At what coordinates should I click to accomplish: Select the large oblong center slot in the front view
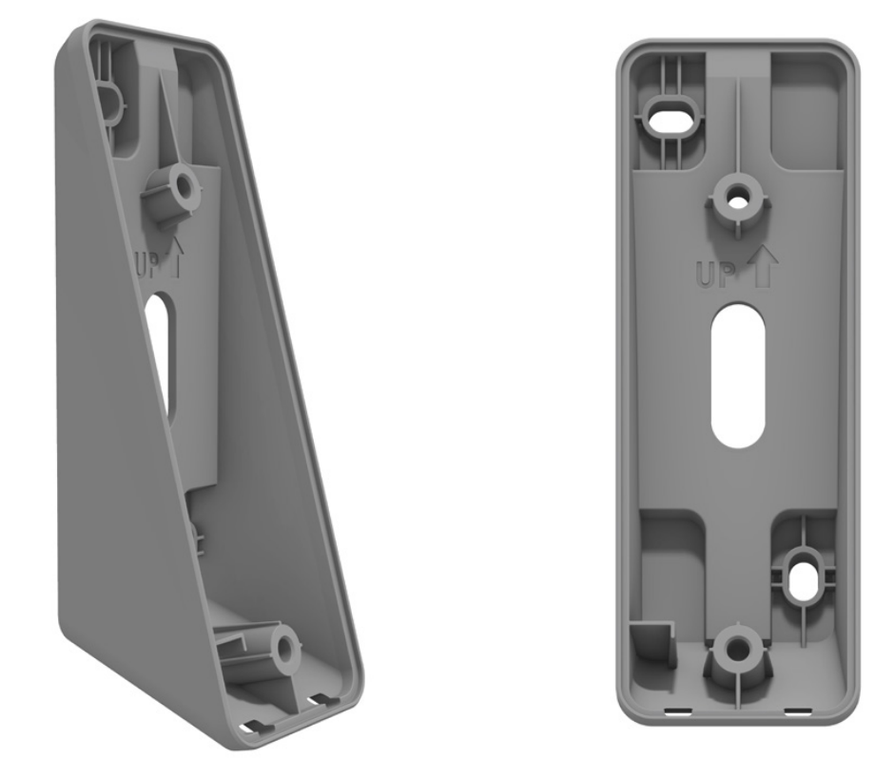click(x=739, y=375)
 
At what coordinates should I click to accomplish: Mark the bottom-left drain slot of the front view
click(x=679, y=710)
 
